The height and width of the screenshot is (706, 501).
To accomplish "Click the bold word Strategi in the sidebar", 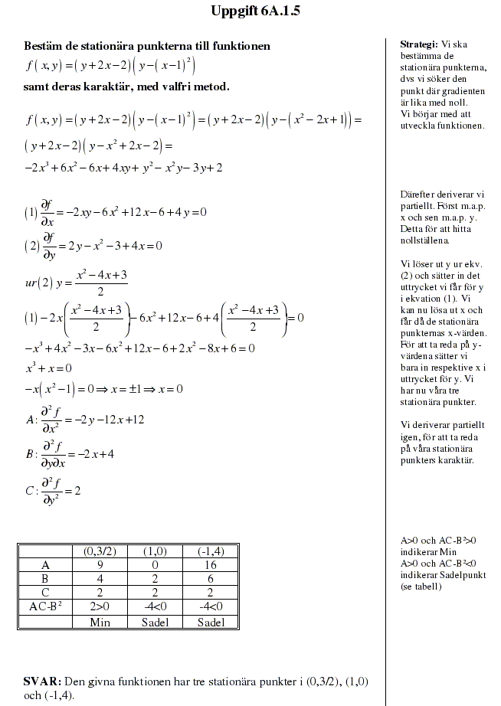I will (x=418, y=44).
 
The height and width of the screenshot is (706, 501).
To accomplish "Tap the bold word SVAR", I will (x=42, y=681).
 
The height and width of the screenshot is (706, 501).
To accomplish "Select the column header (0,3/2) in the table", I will (x=100, y=551).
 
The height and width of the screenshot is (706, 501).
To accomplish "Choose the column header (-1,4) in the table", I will (x=211, y=551).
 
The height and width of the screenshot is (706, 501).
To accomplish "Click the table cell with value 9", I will (x=100, y=565).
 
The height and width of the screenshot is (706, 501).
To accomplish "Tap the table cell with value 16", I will (x=211, y=565).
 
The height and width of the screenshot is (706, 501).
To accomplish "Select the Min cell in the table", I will (x=100, y=622).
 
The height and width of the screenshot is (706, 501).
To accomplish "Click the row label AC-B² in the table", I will (x=44, y=607).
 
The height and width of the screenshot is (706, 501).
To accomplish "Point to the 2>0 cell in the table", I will (x=100, y=607).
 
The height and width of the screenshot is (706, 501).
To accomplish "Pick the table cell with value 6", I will (x=211, y=579).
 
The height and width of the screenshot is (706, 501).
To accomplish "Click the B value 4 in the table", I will (x=100, y=579).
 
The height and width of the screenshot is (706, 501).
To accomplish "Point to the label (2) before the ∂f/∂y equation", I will (x=31, y=247).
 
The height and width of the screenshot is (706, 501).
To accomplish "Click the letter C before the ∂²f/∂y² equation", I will (x=29, y=491).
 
